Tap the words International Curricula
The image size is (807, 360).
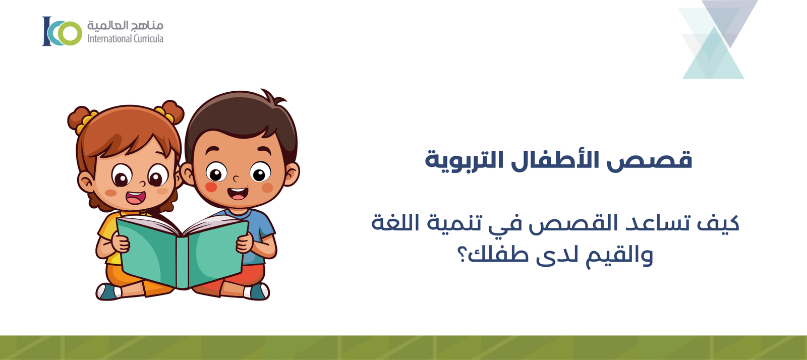point(125,39)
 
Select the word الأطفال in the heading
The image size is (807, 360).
point(555,159)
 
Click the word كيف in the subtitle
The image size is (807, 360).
point(718,223)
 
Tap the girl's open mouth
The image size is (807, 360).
point(135,197)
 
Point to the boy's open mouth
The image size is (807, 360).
point(238,193)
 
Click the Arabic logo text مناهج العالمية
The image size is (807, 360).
point(125,25)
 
